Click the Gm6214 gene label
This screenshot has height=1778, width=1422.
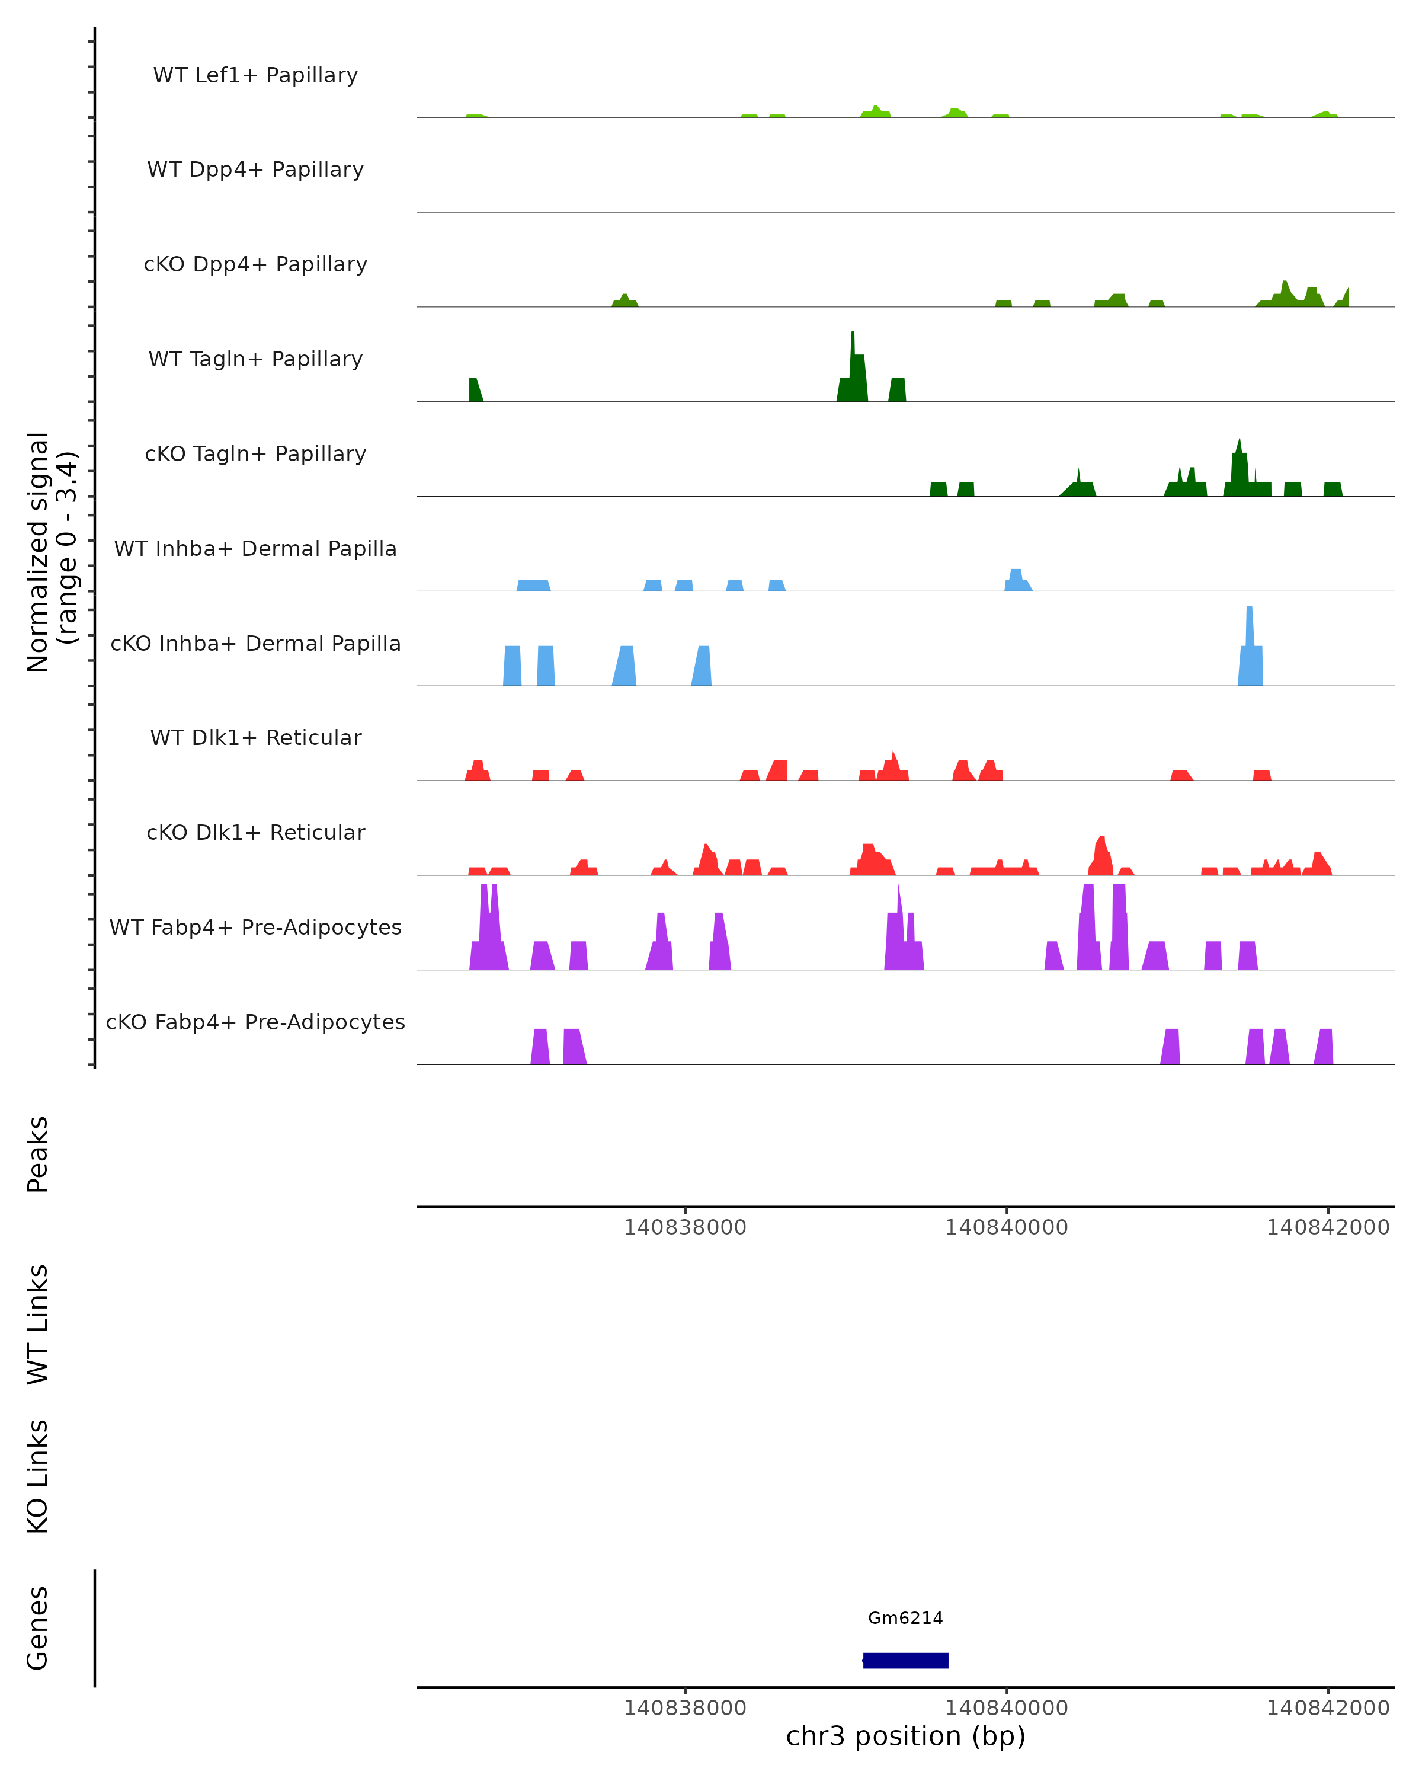pos(905,1618)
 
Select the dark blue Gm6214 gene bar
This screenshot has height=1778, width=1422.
pos(905,1660)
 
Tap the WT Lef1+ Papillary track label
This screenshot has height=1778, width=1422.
pos(255,75)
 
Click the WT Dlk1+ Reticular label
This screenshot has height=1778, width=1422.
pos(255,737)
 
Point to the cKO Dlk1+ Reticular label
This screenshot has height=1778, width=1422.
pos(255,832)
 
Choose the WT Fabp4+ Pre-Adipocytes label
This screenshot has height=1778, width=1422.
pos(255,927)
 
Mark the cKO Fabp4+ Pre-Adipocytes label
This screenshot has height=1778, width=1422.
pos(255,1022)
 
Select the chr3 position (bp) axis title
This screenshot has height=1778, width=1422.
pos(905,1736)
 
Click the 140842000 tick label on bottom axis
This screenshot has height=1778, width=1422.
pos(1327,1708)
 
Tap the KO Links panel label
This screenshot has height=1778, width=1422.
pos(38,1476)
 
